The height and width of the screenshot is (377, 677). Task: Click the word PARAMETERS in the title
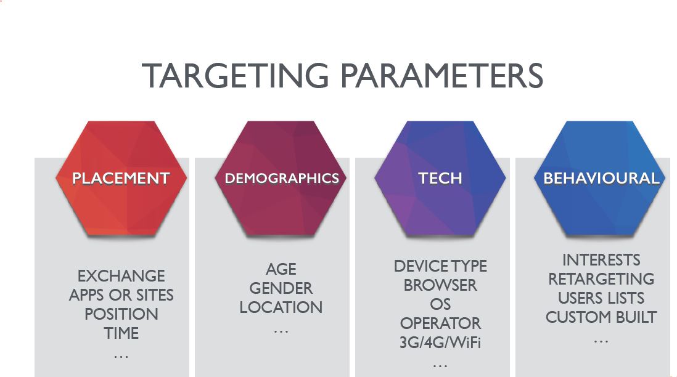441,76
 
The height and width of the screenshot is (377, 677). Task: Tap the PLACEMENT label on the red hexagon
121,179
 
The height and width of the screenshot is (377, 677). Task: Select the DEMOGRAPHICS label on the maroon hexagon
282,179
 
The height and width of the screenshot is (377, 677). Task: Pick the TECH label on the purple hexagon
440,179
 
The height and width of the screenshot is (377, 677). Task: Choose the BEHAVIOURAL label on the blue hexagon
601,179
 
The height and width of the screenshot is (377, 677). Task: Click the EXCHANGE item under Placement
121,276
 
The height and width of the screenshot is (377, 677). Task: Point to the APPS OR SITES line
121,295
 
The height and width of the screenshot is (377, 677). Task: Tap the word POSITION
121,314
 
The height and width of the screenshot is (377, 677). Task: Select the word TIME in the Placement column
121,333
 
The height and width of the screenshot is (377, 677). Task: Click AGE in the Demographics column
281,269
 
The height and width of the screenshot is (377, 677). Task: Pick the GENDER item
281,288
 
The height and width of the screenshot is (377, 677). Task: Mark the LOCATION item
281,307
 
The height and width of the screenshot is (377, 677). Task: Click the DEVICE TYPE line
440,267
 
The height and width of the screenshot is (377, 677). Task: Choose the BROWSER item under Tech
440,286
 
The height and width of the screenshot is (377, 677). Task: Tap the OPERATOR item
440,323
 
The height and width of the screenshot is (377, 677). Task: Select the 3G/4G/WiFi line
440,343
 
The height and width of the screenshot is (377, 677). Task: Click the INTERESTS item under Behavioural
601,260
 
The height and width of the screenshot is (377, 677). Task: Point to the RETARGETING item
601,279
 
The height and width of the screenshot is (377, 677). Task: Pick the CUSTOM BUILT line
601,317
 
